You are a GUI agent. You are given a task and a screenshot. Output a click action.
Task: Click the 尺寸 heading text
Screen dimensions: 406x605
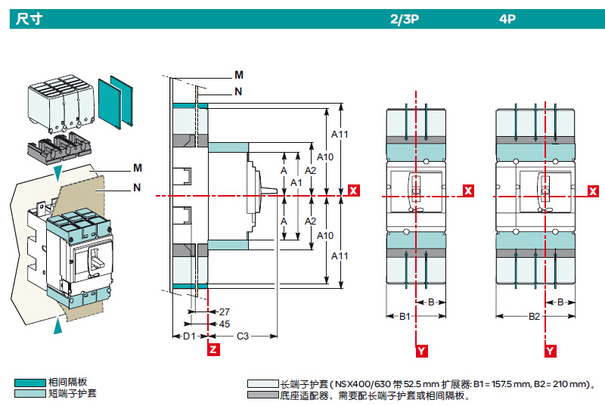[28, 19]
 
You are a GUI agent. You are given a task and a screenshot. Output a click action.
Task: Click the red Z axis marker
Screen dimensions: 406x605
[213, 350]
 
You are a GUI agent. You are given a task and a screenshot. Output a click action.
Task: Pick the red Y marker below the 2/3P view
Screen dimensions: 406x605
[421, 351]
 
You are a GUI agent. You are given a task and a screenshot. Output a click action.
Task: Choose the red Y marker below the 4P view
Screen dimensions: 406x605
[551, 351]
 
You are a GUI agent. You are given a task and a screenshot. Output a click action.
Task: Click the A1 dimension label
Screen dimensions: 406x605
[296, 183]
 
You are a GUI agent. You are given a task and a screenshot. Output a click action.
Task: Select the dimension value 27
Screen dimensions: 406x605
[223, 311]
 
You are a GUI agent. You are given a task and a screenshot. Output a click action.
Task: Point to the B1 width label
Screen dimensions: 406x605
[405, 315]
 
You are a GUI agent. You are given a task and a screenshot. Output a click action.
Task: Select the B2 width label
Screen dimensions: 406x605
[534, 315]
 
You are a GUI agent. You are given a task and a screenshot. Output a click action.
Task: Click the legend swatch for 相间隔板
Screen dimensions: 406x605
[30, 383]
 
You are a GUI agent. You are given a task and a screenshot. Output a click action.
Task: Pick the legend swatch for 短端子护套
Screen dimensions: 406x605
[30, 393]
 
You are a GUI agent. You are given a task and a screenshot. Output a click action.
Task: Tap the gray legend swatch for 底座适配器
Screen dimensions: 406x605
[262, 395]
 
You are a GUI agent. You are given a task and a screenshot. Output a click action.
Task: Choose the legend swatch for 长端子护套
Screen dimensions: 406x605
[262, 384]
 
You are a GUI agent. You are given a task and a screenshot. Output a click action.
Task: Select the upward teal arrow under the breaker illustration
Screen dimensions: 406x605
[58, 326]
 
